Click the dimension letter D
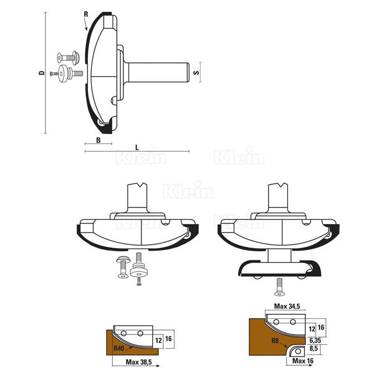tap(42, 73)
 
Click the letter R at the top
tap(86, 14)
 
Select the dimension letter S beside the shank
tap(197, 72)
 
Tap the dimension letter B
tap(99, 140)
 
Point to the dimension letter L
tap(137, 148)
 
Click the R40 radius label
tap(119, 349)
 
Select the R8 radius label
tap(275, 341)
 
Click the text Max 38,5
tap(139, 362)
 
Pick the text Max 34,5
tap(287, 307)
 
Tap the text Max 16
tap(303, 361)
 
